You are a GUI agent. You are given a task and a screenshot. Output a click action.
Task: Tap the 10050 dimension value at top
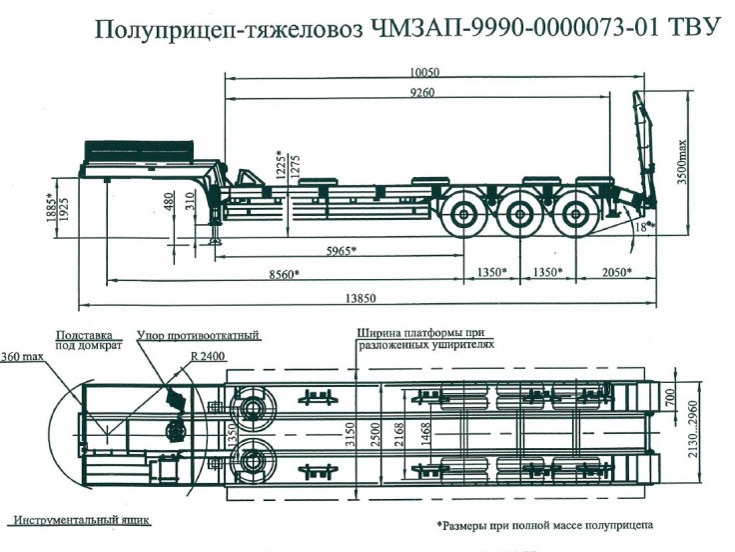(x=424, y=72)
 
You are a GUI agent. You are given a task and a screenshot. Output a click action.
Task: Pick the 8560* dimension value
(x=284, y=273)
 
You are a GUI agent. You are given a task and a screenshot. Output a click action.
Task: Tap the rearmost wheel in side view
(x=574, y=213)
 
